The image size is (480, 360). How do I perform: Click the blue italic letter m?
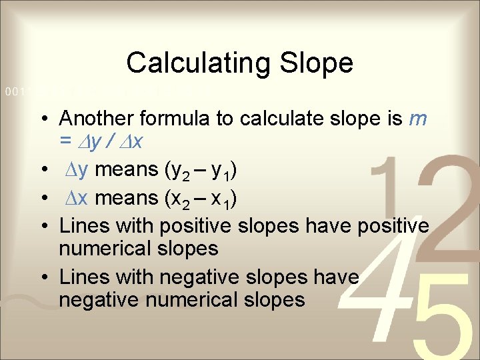(x=418, y=119)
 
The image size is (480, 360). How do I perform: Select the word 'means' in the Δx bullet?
(x=117, y=199)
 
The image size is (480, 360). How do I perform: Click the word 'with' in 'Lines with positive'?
(x=121, y=225)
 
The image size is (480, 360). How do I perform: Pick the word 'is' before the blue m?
(x=393, y=119)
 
